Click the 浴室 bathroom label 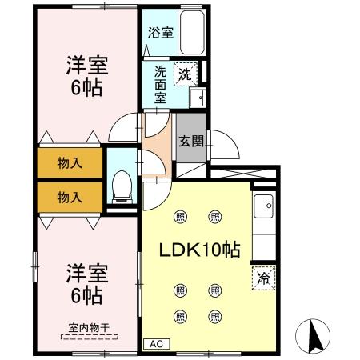(x=161, y=33)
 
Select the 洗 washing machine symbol (x=185, y=75)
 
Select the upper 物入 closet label (x=70, y=163)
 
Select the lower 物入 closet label (x=70, y=195)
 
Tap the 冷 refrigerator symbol (x=262, y=279)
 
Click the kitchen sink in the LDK (x=263, y=210)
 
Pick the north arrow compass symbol (x=314, y=334)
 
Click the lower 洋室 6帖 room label (x=83, y=285)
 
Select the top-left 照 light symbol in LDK (x=180, y=216)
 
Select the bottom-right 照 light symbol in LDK (x=215, y=316)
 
